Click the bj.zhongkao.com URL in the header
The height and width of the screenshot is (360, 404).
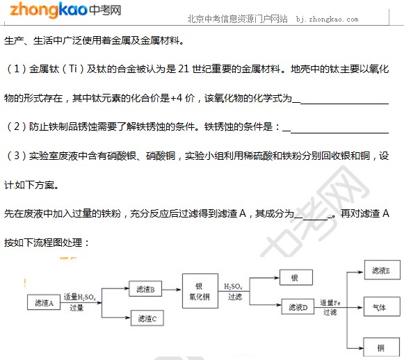tap(327, 19)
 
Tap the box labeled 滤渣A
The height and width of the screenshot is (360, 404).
tap(44, 302)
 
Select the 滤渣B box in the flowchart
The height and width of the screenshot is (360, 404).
tap(145, 288)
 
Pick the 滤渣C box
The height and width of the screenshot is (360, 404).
tap(147, 318)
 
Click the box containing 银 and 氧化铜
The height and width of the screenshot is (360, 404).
tap(200, 291)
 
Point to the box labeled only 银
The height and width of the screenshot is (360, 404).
tap(296, 277)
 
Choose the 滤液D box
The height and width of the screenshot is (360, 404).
tap(298, 306)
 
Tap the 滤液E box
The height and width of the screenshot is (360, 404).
tap(382, 270)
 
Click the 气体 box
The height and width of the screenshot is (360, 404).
tap(382, 306)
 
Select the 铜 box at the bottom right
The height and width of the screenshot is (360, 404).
tap(382, 347)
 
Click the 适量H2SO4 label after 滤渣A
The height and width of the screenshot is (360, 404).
tap(80, 297)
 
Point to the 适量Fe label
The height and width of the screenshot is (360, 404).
tap(330, 302)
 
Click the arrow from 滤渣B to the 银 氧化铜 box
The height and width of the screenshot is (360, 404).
tap(171, 289)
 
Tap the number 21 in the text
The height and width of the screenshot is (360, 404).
tap(184, 69)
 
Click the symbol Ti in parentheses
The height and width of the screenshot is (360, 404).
tap(73, 69)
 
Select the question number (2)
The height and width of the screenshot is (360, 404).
tap(17, 126)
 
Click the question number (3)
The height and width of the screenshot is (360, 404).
tap(17, 156)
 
